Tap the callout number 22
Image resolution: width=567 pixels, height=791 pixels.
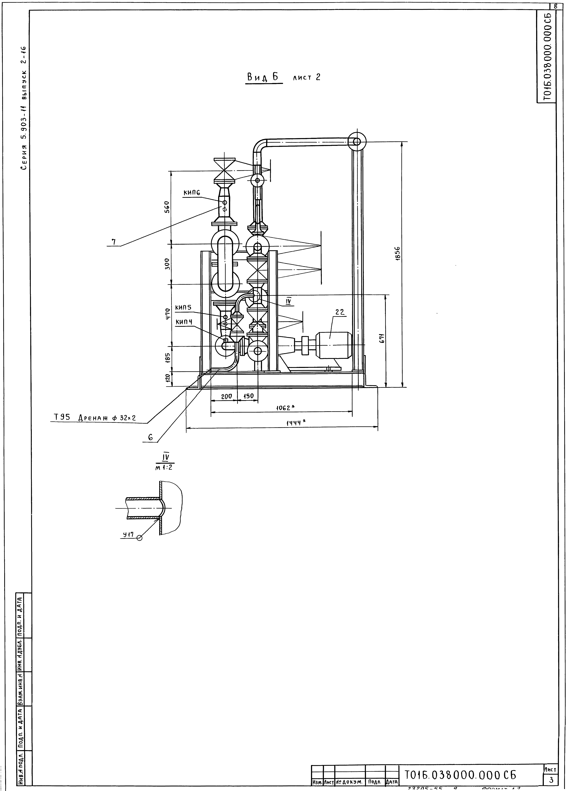tap(340, 313)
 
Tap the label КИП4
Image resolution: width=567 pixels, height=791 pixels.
tap(184, 322)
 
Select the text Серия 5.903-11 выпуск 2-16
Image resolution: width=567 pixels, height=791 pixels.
tap(24, 108)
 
